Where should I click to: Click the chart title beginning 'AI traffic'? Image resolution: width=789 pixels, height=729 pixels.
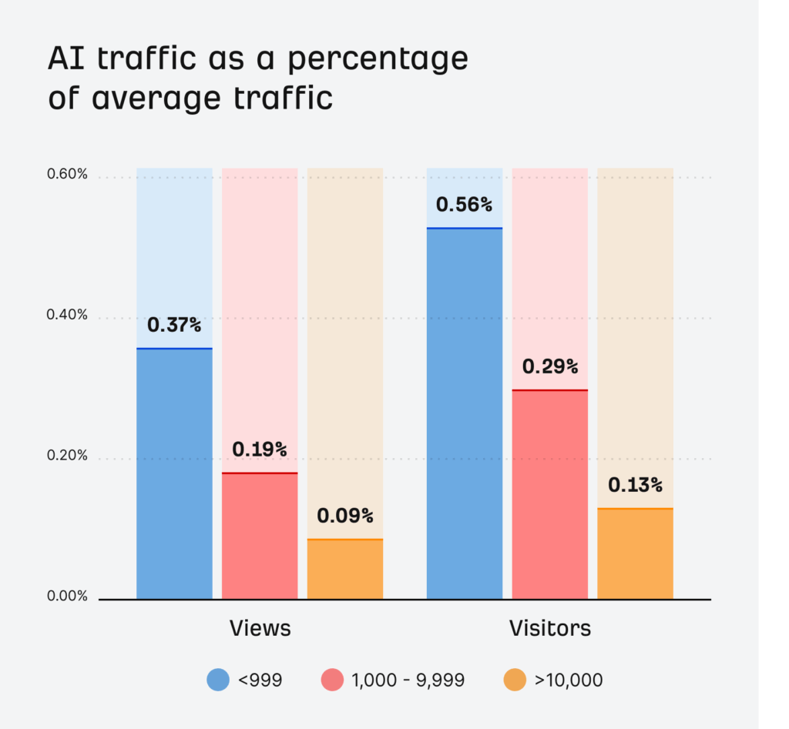(258, 79)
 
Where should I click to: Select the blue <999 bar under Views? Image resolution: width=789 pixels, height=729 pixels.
(174, 473)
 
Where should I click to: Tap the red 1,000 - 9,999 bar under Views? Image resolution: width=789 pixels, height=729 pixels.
(260, 536)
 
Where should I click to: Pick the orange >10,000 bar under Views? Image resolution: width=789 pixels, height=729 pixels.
(345, 569)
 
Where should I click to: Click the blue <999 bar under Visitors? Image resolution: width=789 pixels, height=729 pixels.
(465, 413)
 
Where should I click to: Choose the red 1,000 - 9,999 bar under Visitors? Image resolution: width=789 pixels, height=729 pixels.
(550, 494)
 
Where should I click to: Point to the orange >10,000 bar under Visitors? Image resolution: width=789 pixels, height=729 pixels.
(635, 553)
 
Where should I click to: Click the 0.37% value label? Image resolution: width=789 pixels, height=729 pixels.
(174, 325)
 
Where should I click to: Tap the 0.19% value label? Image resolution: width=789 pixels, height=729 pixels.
(260, 449)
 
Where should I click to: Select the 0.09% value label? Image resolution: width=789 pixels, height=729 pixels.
(345, 516)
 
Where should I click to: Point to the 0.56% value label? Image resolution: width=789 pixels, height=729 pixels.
(464, 205)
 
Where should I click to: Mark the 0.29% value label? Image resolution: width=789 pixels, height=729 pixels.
(550, 366)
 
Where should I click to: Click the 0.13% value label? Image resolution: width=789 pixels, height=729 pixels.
(635, 485)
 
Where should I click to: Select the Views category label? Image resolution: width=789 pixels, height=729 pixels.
(260, 628)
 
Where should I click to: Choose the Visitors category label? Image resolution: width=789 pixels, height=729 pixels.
(550, 628)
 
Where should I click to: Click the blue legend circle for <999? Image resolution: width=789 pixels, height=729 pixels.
(218, 680)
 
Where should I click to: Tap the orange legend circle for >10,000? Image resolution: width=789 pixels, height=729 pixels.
(515, 680)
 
